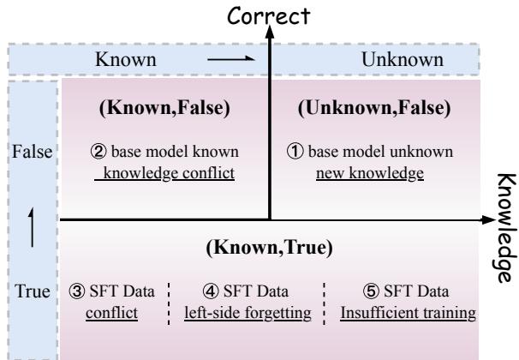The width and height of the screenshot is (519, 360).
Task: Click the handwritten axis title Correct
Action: pos(268,16)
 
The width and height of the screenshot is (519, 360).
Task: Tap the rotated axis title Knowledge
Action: pos(507,228)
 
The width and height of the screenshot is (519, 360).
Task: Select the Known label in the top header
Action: pos(126,60)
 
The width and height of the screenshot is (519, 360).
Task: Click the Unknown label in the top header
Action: pos(403,60)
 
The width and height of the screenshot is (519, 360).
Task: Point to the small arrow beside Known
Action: pos(231,59)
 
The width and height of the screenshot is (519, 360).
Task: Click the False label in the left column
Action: pos(32,152)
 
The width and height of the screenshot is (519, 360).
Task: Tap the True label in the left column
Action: pos(32,291)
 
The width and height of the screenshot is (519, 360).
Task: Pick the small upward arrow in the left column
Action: pos(32,227)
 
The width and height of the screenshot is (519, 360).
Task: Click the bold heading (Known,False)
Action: pos(164,108)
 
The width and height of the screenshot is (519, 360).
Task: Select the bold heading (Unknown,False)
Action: pos(374,108)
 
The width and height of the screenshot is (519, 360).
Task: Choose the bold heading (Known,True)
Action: pos(269,248)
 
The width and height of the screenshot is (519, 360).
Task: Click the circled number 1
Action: pos(295,152)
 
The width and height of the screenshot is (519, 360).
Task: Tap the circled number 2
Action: pos(98,152)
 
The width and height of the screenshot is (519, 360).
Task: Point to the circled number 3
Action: pos(77,291)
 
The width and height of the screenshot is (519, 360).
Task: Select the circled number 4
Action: pos(211,291)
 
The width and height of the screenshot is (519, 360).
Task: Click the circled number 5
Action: pos(371,291)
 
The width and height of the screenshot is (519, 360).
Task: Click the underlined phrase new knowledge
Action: pos(370,173)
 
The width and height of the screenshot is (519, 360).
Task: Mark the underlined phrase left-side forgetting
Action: pos(248,314)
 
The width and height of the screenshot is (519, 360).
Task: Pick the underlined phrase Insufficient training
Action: pos(409,314)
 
